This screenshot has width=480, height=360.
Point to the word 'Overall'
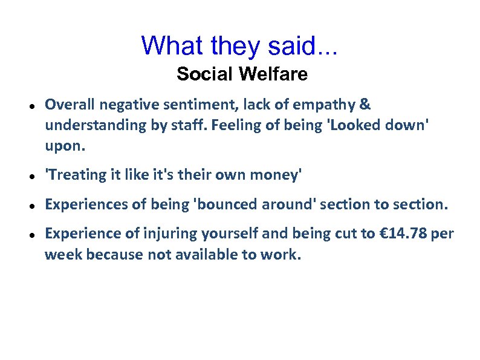[x=70, y=105]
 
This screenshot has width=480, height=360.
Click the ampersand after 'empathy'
[x=365, y=105]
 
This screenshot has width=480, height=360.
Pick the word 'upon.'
[x=66, y=146]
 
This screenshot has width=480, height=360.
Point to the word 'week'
[x=63, y=255]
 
